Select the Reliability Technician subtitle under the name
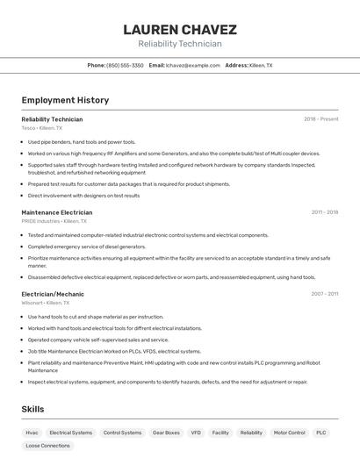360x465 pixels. click(x=179, y=44)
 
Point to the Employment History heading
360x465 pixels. click(x=65, y=100)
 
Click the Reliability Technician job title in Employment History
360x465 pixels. click(x=52, y=118)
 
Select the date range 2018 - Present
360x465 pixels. click(x=320, y=118)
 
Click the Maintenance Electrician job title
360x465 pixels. click(x=57, y=212)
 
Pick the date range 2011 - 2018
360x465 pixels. click(x=324, y=212)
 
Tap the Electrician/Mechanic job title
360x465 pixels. click(x=53, y=294)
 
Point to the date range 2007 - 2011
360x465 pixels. click(x=324, y=294)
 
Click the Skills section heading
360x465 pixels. click(x=32, y=409)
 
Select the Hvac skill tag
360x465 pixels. click(x=32, y=433)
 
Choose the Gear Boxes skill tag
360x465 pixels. click(x=166, y=433)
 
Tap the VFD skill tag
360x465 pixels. click(x=196, y=433)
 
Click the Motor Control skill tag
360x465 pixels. click(x=289, y=433)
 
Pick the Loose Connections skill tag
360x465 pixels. click(x=47, y=446)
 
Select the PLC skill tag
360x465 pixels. click(x=321, y=433)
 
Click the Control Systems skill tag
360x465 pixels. click(x=122, y=433)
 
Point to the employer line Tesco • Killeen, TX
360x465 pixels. click(x=42, y=128)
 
